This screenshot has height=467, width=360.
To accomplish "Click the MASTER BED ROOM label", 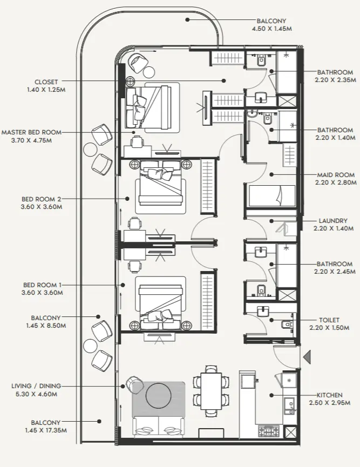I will [x=31, y=132].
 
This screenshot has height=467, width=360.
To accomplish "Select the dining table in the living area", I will [x=211, y=390].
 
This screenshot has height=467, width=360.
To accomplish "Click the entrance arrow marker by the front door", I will [x=306, y=357].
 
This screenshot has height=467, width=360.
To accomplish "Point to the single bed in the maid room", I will [x=271, y=196].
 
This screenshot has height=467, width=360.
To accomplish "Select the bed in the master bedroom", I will [x=152, y=106].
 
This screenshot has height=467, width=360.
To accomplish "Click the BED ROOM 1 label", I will [x=42, y=285].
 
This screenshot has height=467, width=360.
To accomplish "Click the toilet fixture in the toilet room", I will [x=287, y=324].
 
